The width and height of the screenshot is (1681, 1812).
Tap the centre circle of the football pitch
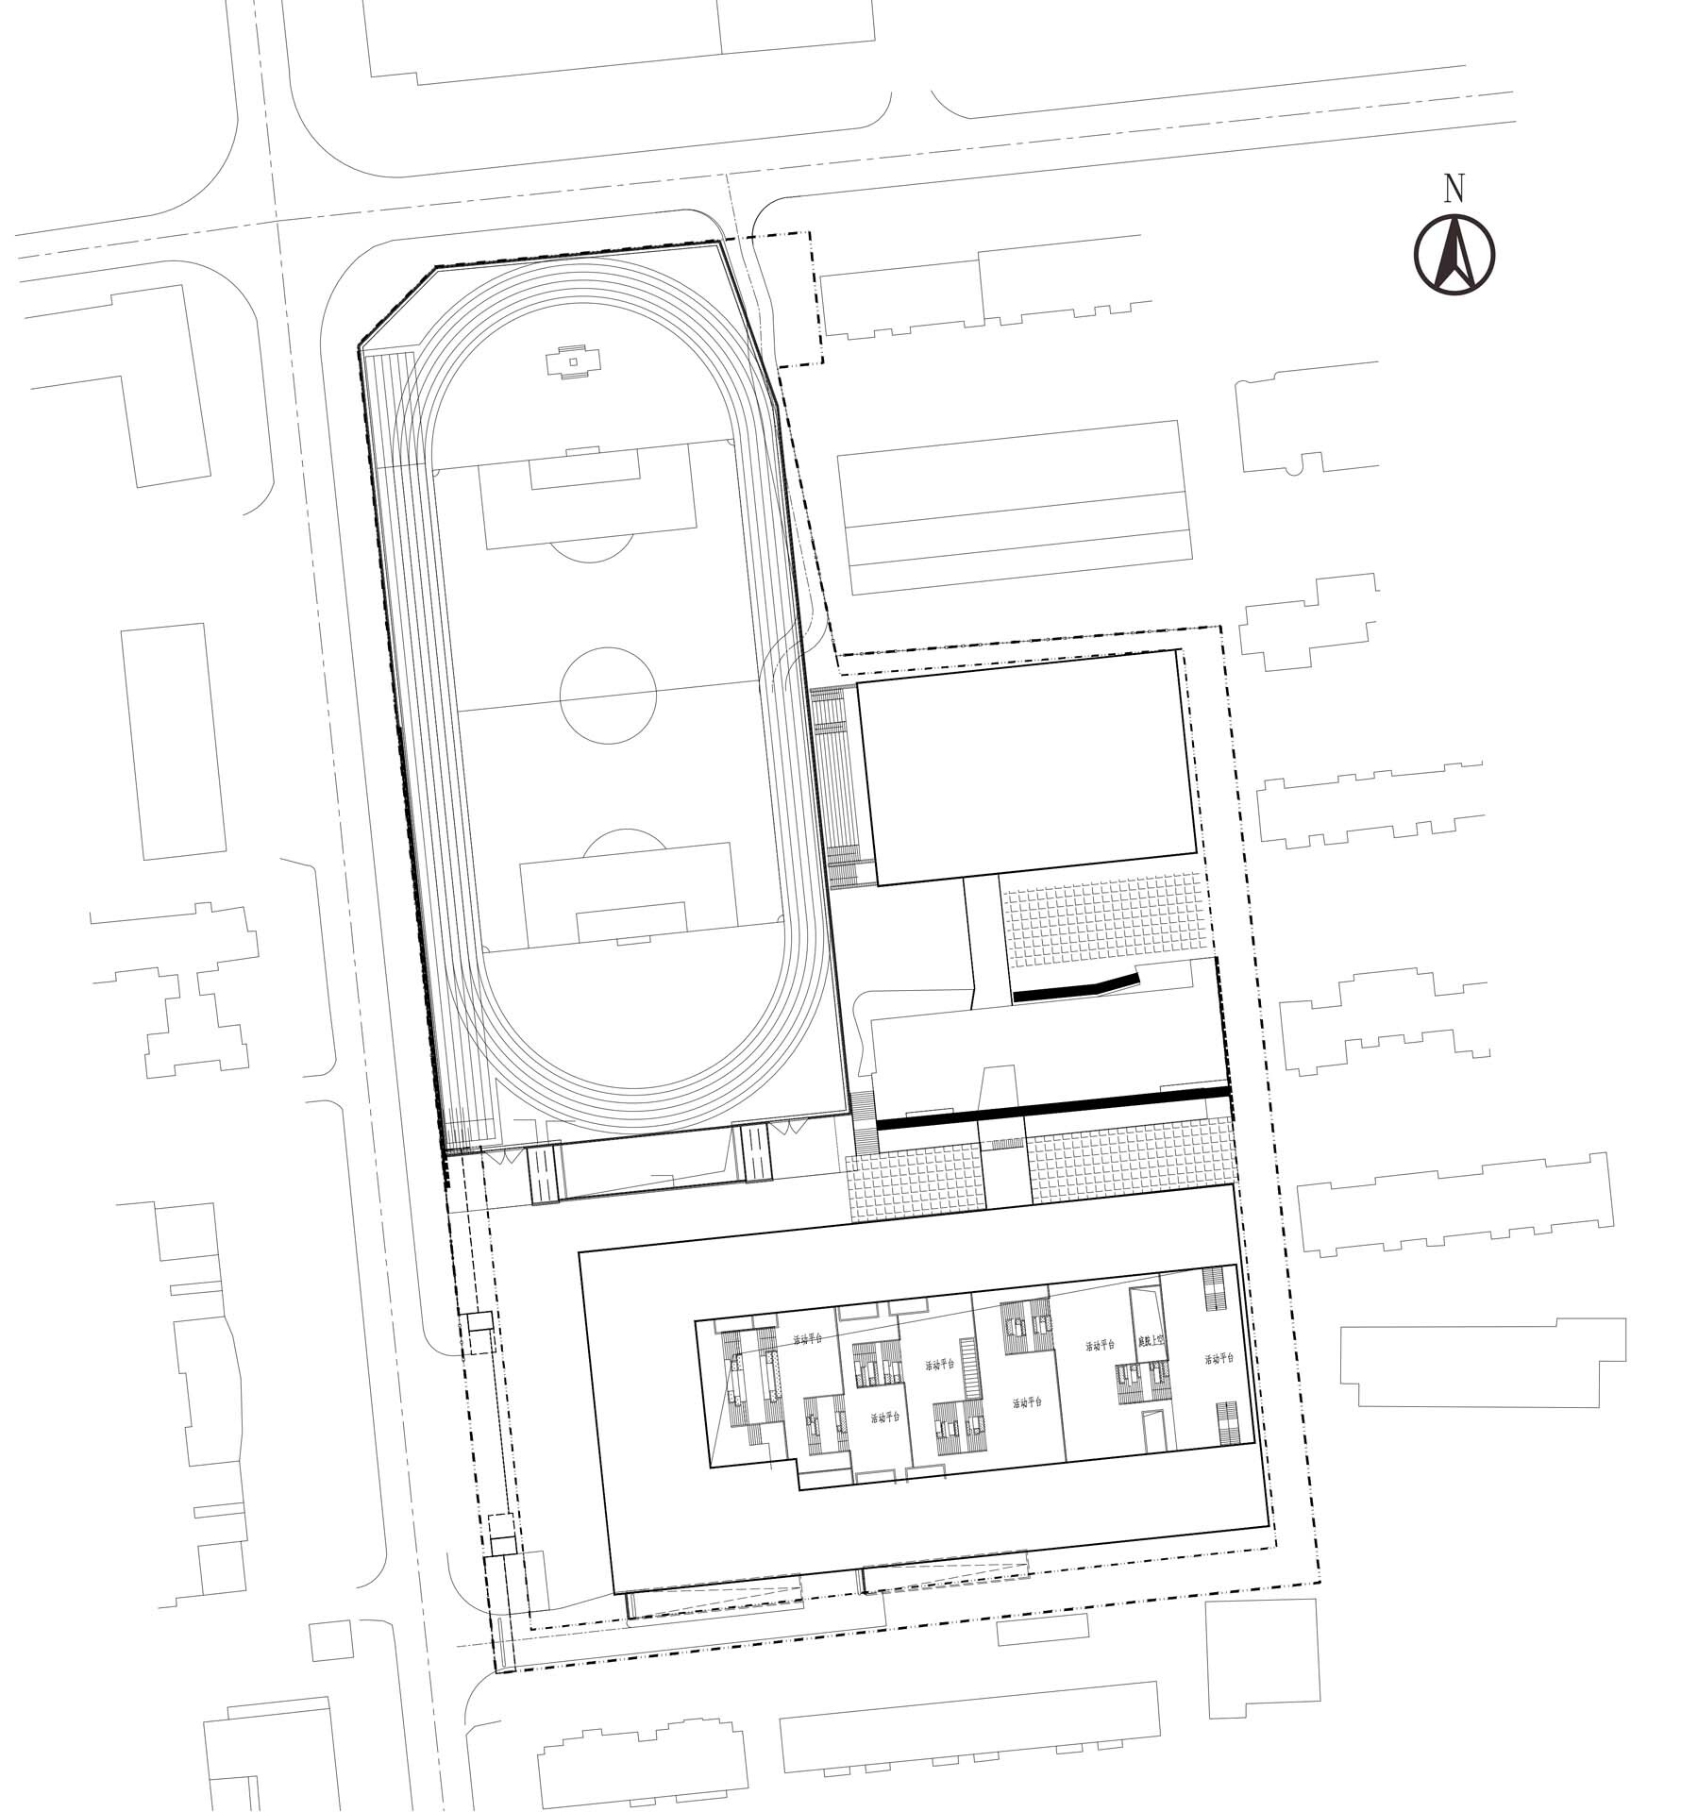(608, 694)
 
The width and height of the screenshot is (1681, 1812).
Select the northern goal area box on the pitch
(585, 469)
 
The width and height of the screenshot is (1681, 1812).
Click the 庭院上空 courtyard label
(1152, 1340)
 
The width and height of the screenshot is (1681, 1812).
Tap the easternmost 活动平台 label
(1219, 1360)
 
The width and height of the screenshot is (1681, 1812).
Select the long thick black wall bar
(1052, 1107)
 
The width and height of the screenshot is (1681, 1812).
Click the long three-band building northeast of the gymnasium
(1014, 508)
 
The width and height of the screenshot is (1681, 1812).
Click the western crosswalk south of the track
(545, 1173)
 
